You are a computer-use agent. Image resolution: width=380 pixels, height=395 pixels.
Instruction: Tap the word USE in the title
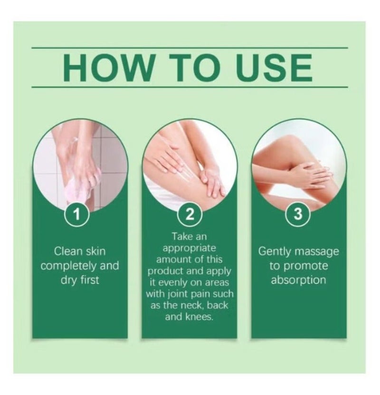click(273, 67)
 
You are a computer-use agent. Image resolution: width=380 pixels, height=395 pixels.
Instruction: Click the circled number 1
click(77, 215)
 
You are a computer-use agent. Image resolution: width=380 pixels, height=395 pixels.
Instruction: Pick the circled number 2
click(190, 215)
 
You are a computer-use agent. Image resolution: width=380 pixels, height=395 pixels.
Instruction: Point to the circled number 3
click(298, 215)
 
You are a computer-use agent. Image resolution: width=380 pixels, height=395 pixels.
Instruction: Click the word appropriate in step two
click(190, 248)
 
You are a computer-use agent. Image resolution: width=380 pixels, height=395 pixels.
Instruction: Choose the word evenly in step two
click(174, 283)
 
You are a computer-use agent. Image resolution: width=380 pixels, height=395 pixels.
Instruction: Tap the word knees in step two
click(199, 317)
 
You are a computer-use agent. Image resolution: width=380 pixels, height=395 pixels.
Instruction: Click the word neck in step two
click(193, 305)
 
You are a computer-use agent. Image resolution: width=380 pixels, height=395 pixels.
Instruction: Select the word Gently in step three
click(275, 252)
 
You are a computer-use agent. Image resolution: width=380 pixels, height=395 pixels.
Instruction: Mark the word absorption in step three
click(298, 280)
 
